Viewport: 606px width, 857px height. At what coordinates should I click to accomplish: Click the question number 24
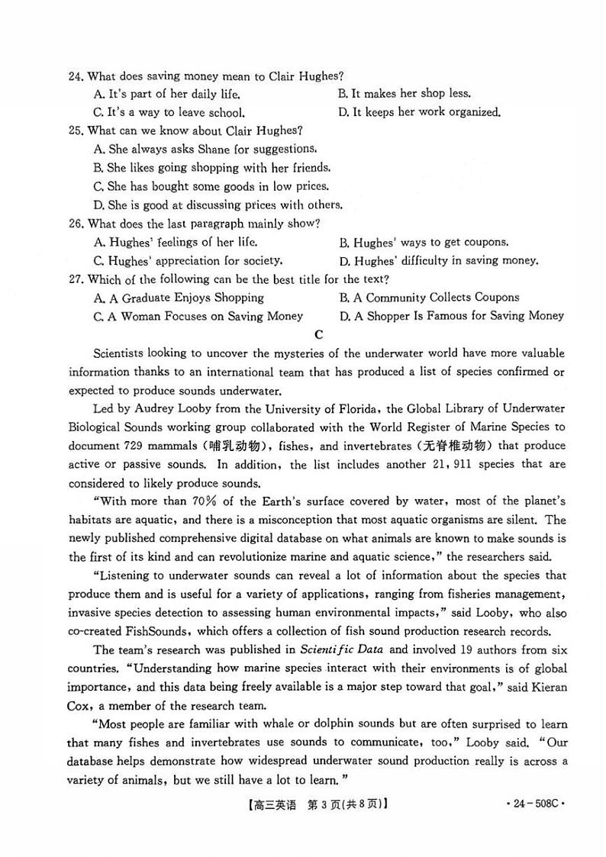[x=75, y=76]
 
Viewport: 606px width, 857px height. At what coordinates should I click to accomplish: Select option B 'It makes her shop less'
[x=404, y=94]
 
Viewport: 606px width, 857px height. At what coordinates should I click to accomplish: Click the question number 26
[x=75, y=224]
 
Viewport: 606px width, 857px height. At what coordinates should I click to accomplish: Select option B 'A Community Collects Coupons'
[x=429, y=298]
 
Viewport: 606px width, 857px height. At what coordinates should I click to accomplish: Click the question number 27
[x=75, y=279]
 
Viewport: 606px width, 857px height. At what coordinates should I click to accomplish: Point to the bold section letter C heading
[x=318, y=334]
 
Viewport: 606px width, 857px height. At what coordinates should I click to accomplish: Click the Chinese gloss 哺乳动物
[x=228, y=446]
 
